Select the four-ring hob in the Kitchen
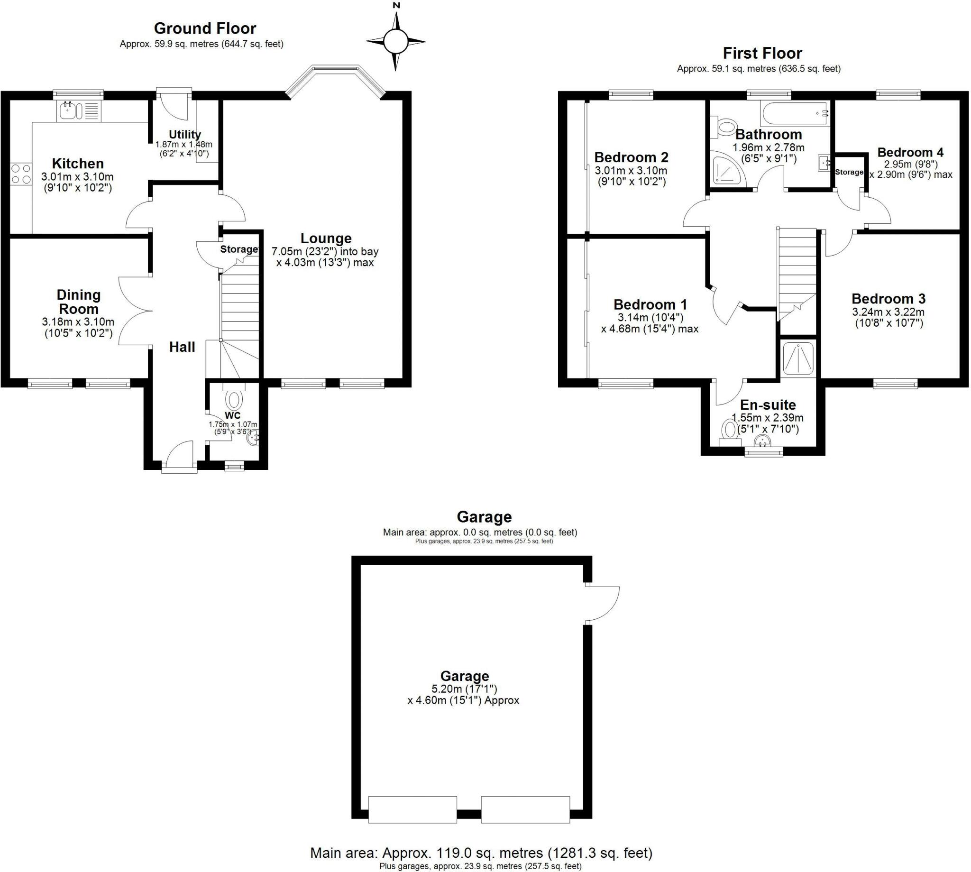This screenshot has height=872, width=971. click(20, 174)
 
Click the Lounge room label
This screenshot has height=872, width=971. click(326, 238)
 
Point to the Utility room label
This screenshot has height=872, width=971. click(184, 135)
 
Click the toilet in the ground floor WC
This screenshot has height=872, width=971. click(234, 400)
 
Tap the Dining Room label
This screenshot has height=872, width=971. click(79, 302)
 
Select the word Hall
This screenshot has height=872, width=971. click(182, 347)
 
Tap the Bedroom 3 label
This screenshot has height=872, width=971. click(888, 299)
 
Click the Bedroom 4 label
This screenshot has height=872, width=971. click(910, 152)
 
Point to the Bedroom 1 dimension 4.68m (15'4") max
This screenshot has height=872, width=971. click(650, 329)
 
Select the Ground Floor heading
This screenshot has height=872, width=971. click(205, 29)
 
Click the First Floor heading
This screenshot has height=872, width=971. click(762, 53)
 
